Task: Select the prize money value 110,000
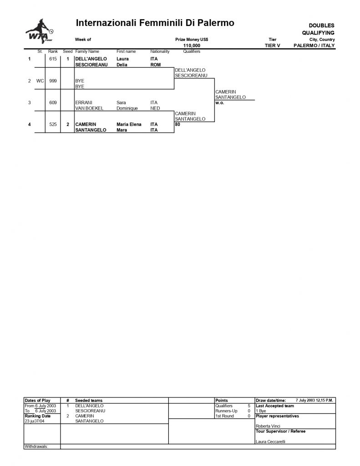click(192, 46)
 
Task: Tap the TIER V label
click(272, 46)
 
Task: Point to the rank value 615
click(53, 59)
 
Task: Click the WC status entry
click(40, 81)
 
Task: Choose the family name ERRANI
click(84, 102)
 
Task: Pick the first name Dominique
click(127, 108)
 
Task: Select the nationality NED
click(155, 108)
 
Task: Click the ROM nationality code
click(156, 65)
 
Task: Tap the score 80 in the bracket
click(177, 125)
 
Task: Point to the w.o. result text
click(220, 103)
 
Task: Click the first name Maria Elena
click(129, 124)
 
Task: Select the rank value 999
click(53, 81)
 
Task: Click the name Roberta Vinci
click(268, 426)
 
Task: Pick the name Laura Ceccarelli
click(270, 441)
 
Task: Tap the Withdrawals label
click(36, 446)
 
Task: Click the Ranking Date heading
click(37, 416)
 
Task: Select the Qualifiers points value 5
click(249, 406)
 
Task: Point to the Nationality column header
click(160, 51)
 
